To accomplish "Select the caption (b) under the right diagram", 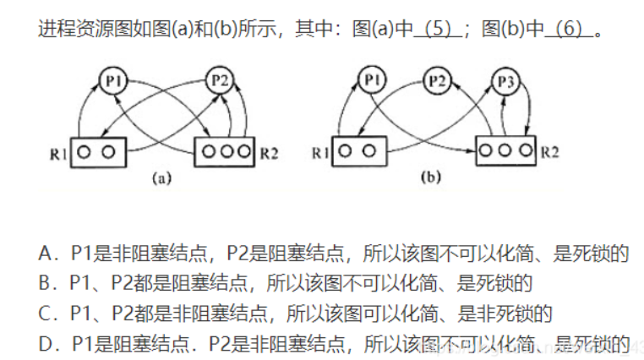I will tap(429, 178).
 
